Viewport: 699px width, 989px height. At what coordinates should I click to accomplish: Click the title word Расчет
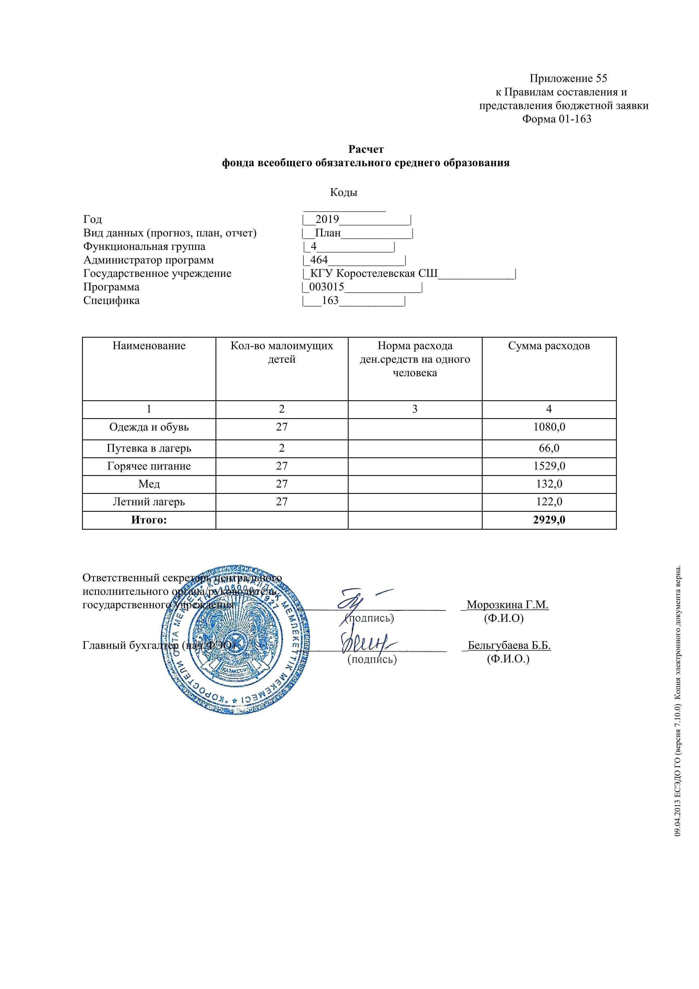click(366, 149)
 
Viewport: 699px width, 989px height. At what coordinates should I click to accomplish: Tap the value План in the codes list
click(328, 233)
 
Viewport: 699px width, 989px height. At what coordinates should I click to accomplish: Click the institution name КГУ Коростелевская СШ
click(374, 273)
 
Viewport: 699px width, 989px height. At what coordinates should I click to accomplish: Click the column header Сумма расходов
click(549, 346)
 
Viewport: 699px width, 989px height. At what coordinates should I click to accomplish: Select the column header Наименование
click(149, 346)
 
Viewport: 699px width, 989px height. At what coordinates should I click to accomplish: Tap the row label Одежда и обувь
click(149, 427)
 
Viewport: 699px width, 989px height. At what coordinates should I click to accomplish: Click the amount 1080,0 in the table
click(549, 427)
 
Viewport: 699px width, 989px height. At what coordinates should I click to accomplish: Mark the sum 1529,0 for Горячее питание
click(549, 466)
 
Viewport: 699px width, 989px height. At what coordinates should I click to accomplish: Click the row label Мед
click(149, 484)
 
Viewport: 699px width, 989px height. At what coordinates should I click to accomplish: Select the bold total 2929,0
click(549, 520)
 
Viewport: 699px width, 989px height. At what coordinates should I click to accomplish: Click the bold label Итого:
click(149, 520)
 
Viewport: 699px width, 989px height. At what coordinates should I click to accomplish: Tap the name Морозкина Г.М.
click(507, 605)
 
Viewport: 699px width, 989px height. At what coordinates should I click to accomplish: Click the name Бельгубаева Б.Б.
click(509, 645)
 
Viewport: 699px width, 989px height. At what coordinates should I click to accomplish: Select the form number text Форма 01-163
click(557, 119)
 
